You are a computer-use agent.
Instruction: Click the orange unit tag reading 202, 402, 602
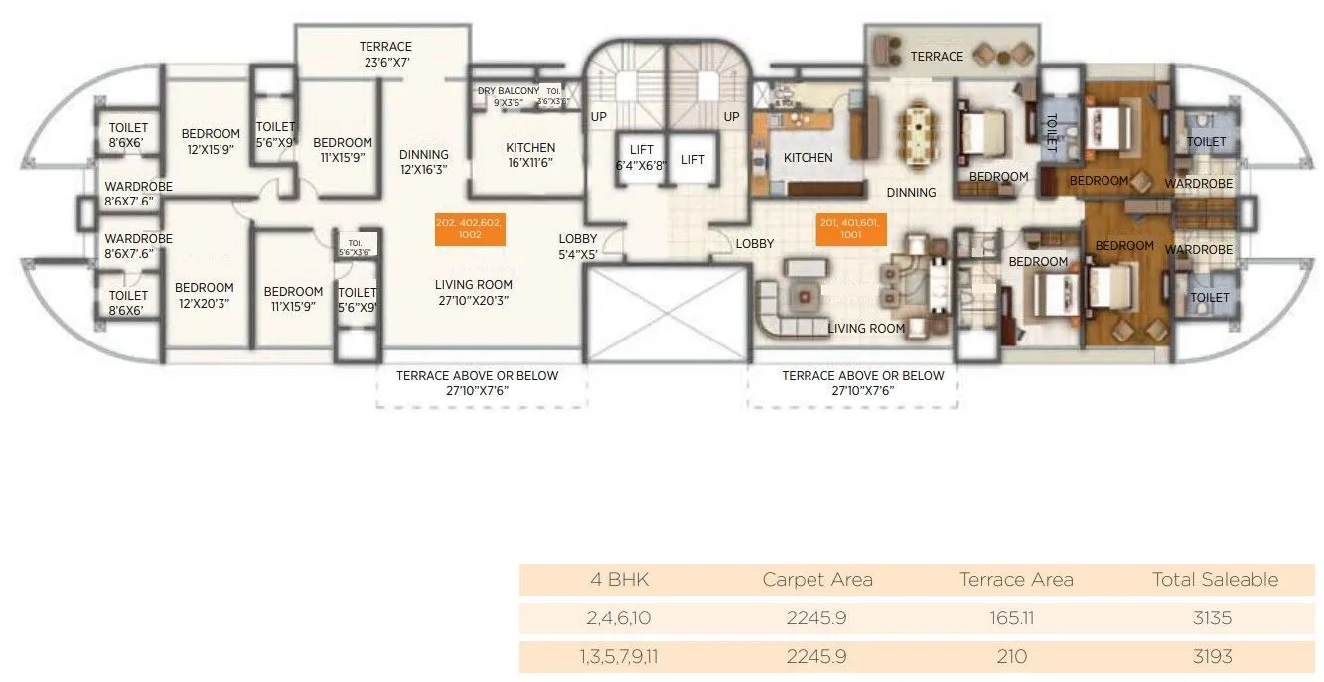coord(470,230)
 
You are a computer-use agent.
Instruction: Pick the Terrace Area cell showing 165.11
coord(1015,617)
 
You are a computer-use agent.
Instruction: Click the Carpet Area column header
coord(816,579)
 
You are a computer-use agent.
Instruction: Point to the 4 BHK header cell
coord(619,579)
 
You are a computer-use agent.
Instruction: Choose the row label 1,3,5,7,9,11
coord(619,656)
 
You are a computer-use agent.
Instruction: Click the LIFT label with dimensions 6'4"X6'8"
coord(641,159)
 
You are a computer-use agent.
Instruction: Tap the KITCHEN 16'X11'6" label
coord(530,155)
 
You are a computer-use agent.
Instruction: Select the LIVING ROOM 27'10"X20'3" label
coord(474,292)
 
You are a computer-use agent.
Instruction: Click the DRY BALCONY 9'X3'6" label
coord(509,96)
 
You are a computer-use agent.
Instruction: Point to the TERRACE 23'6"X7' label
coord(385,54)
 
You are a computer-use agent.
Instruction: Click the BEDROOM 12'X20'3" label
coord(205,295)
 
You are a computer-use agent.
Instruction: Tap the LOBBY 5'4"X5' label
coord(577,246)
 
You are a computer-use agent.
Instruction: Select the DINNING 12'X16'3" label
coord(424,161)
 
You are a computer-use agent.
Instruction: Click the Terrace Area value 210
coord(1015,656)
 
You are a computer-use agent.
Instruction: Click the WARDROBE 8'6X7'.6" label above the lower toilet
coord(138,245)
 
